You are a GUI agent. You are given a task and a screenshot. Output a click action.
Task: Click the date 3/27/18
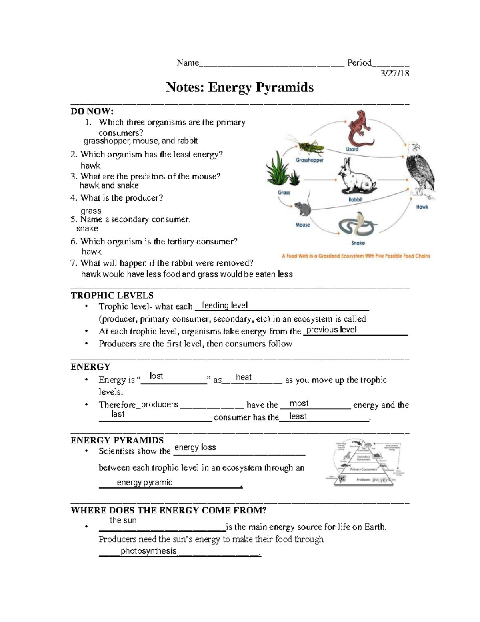(x=395, y=73)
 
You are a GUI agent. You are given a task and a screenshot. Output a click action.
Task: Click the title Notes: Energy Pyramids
(x=240, y=87)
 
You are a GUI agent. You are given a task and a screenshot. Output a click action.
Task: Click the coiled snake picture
(x=357, y=226)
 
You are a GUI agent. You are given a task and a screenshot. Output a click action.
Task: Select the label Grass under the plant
(x=284, y=193)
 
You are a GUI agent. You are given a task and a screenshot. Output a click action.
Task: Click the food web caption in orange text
(x=356, y=256)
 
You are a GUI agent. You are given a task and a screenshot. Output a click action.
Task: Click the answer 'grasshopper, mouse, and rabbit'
(x=140, y=141)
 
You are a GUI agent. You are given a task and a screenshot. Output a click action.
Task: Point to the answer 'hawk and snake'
(x=109, y=185)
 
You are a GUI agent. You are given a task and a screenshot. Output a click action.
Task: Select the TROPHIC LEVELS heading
(x=112, y=296)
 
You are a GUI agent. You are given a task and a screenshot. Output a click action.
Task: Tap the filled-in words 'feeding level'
(x=224, y=305)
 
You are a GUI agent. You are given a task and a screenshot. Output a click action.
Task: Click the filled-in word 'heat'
(x=244, y=377)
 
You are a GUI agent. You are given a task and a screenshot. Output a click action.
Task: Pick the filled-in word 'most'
(x=299, y=403)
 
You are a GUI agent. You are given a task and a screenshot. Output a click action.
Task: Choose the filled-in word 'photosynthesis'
(x=148, y=551)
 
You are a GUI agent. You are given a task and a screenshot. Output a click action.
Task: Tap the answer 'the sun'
(x=123, y=520)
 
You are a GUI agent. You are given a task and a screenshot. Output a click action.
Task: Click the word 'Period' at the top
(x=359, y=62)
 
